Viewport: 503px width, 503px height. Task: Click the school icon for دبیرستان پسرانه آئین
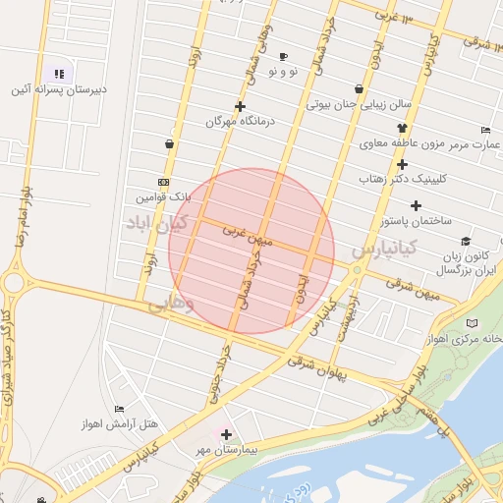tap(59, 73)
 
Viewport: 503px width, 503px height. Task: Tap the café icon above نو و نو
tap(284, 56)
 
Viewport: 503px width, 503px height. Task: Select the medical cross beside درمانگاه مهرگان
tap(240, 106)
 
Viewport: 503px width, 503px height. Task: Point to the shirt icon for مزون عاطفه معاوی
tap(402, 128)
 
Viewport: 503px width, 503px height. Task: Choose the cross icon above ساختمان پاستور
tap(417, 205)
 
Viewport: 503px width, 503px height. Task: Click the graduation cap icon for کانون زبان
tap(465, 241)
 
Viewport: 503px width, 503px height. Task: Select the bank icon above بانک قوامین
tap(163, 182)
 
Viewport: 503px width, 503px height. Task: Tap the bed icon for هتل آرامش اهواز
tap(120, 409)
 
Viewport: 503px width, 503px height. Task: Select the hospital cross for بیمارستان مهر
tap(227, 433)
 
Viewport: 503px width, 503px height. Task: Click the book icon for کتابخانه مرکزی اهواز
tap(473, 323)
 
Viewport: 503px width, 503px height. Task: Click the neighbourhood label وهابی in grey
tap(172, 307)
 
